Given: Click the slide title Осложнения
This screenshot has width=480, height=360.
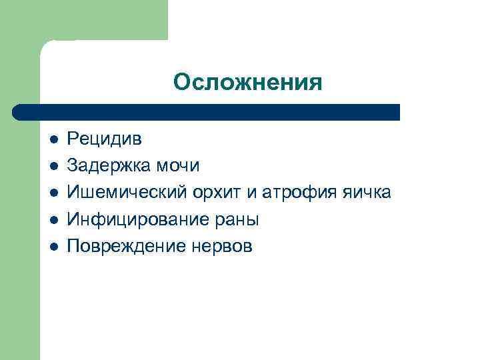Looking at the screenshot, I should coord(247,82).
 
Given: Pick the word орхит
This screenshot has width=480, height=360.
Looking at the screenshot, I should coord(213,193).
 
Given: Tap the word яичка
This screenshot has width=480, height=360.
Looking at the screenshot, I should coord(366,193).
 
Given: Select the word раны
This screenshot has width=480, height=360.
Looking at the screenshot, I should coord(236,219).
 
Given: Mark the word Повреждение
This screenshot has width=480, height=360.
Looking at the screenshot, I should coord(123,246).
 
